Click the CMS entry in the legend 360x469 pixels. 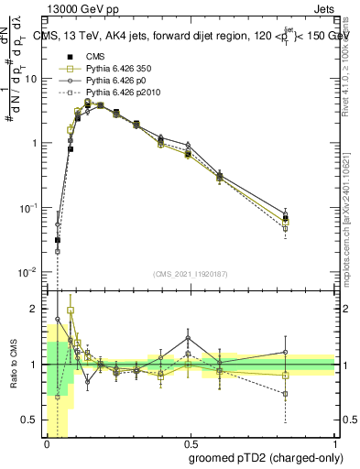point(95,57)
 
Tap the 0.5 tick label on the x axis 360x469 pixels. point(191,443)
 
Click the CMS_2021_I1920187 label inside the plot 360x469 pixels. point(190,274)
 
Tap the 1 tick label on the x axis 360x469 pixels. point(335,443)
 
